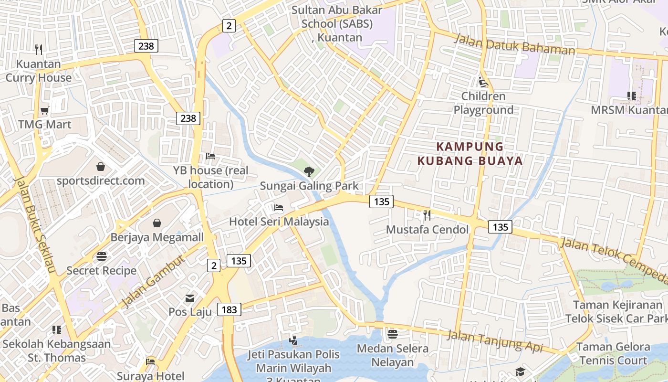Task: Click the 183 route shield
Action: click(x=229, y=309)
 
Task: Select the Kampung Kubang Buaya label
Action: click(x=470, y=154)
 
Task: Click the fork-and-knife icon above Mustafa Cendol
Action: click(x=427, y=215)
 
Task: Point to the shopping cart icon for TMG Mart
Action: click(x=45, y=111)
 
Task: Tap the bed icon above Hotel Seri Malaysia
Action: click(x=279, y=208)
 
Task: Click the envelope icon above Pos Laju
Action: click(x=190, y=298)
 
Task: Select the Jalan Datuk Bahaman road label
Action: click(x=514, y=44)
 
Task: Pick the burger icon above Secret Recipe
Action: click(x=102, y=256)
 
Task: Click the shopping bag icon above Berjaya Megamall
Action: click(x=157, y=223)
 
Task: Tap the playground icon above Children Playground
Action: click(x=483, y=82)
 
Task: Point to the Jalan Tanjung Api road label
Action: click(x=495, y=342)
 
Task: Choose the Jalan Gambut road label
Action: click(x=152, y=282)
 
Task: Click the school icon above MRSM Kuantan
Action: click(x=632, y=96)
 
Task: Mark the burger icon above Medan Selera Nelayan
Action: click(x=393, y=334)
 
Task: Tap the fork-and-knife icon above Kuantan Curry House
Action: click(x=39, y=49)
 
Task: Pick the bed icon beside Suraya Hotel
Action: click(x=150, y=362)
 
